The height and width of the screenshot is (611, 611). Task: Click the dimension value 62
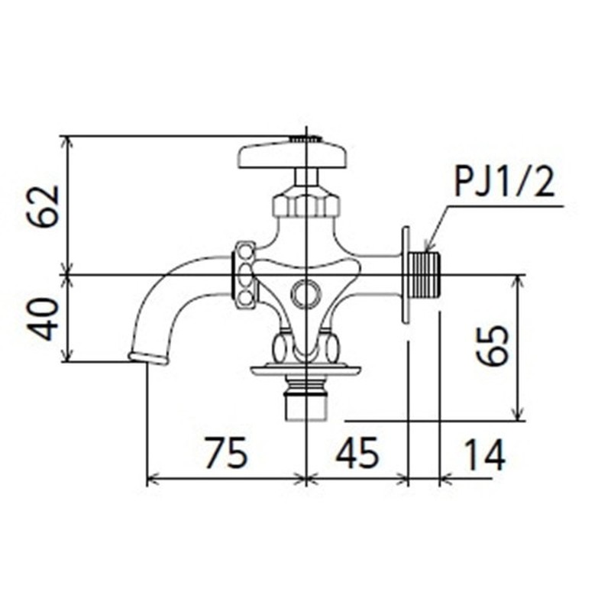(44, 205)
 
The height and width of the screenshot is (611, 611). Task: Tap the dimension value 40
(44, 318)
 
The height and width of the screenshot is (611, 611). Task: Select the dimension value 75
(226, 455)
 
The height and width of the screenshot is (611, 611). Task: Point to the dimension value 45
(357, 455)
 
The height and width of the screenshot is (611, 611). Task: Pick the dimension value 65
(492, 346)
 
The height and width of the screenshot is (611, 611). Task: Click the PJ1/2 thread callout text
(504, 183)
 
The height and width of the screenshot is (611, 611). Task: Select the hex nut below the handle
(305, 205)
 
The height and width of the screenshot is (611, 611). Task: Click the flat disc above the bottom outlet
(305, 371)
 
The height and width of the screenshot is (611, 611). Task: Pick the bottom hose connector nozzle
(305, 400)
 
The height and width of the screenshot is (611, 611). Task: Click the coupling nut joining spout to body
(244, 275)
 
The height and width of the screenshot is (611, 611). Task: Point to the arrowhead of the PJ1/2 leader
(428, 247)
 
